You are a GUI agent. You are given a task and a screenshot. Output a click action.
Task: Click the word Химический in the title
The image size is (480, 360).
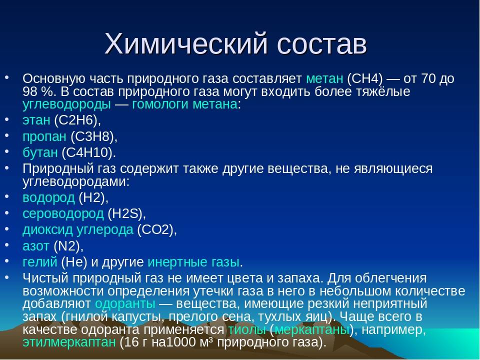click(186, 43)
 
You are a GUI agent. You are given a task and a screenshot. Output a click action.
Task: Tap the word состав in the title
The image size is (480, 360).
click(322, 44)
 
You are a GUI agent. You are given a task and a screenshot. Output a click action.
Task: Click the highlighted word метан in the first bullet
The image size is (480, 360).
click(325, 79)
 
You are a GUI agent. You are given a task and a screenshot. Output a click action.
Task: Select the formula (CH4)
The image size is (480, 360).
click(365, 79)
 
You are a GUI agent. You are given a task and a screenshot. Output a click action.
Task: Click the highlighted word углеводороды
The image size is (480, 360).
click(66, 104)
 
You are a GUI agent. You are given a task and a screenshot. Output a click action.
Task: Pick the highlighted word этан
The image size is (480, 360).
click(36, 120)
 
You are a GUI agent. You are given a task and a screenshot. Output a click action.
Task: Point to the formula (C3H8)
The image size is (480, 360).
click(94, 136)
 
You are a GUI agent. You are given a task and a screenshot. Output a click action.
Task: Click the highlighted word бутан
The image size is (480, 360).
click(40, 152)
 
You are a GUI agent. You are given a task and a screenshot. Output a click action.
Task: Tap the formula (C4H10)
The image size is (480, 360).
click(89, 152)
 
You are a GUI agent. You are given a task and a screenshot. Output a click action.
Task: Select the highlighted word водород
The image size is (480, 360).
click(48, 198)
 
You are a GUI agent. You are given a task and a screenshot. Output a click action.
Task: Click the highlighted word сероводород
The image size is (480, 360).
click(63, 214)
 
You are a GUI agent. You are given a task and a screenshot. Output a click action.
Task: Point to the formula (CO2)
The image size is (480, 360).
click(156, 229)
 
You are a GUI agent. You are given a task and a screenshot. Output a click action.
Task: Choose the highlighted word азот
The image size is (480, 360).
click(36, 246)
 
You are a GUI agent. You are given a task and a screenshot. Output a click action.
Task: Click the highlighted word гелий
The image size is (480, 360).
click(40, 262)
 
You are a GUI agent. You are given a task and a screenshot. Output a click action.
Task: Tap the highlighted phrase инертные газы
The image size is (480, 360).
click(193, 262)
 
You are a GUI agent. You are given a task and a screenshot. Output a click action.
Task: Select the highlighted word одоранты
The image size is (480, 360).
click(125, 303)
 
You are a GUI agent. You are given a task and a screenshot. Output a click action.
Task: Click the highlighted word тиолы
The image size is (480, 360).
click(247, 329)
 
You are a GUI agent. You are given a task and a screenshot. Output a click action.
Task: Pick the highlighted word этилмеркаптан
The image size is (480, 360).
click(69, 342)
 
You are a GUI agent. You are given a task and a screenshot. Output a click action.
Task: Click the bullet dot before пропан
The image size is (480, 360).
click(7, 134)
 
